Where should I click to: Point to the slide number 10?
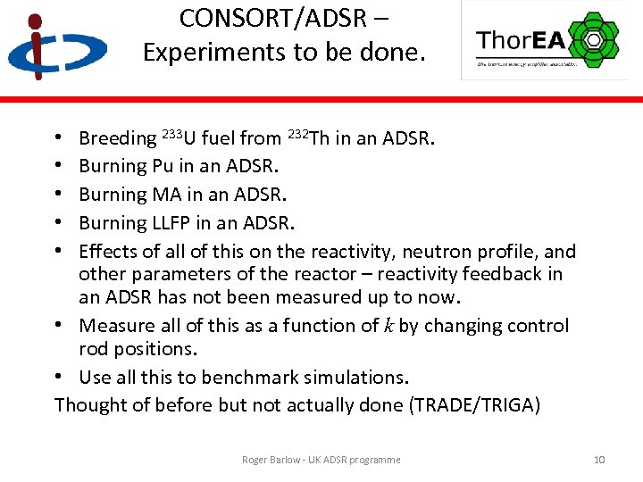599,460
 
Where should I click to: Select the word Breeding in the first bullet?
117,138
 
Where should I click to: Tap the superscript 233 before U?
171,134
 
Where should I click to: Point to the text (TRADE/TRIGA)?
474,405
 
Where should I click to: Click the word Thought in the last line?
90,405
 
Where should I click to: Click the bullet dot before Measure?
58,326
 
